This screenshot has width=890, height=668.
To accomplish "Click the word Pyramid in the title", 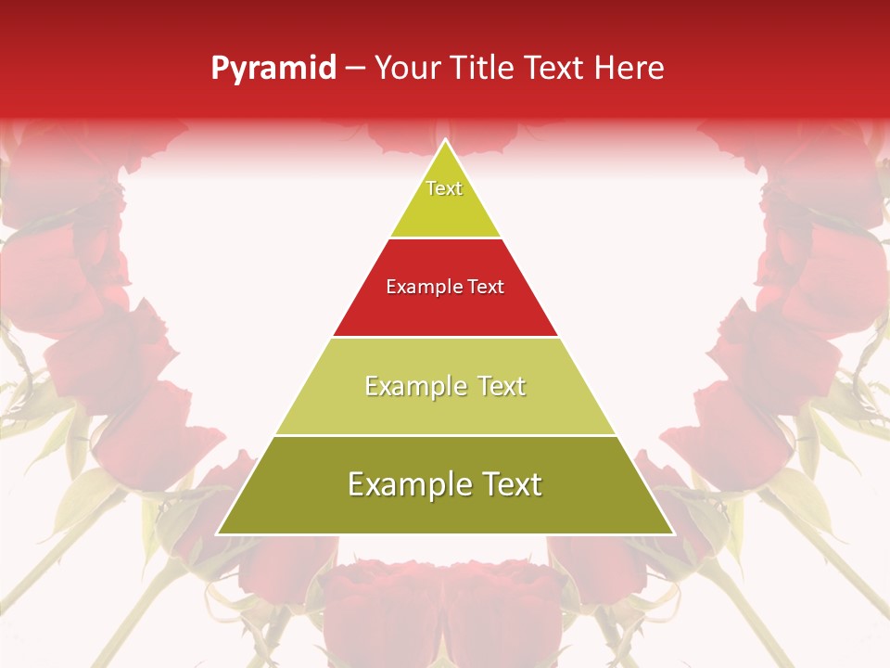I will [x=273, y=69].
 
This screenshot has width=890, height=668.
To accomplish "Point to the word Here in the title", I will [x=629, y=69].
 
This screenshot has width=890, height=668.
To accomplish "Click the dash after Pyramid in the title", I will [x=355, y=69].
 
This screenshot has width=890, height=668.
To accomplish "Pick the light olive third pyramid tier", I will [x=445, y=408].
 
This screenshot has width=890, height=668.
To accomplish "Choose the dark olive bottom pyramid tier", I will [x=445, y=506].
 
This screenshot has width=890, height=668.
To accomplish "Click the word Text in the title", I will [x=554, y=69].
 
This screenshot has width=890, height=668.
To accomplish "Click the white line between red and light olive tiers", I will [x=445, y=336].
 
